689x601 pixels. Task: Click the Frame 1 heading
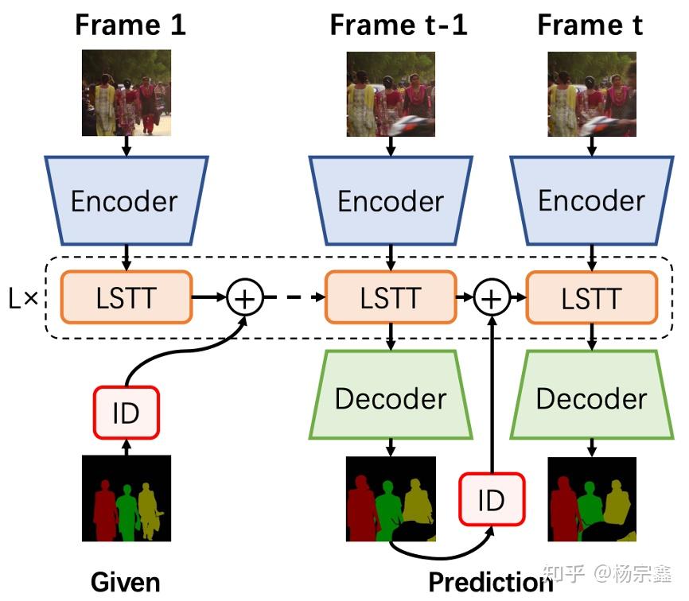[130, 25]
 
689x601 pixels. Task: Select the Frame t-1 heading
[399, 25]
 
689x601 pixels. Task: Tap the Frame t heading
[590, 25]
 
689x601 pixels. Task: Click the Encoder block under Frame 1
[126, 200]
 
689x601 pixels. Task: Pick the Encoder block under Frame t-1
[391, 200]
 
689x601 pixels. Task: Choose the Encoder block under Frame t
[591, 200]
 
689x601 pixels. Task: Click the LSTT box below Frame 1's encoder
[126, 298]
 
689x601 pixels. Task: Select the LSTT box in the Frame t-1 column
[391, 298]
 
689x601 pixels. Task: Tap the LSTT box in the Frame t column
[591, 298]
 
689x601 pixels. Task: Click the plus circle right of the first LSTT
[245, 298]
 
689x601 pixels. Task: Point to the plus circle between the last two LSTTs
[492, 298]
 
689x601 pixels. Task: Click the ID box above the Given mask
[126, 413]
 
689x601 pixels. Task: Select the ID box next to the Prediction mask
[492, 499]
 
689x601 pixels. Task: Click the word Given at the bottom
[125, 582]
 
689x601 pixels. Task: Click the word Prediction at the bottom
[490, 582]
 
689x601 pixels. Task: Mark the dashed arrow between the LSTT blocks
[294, 298]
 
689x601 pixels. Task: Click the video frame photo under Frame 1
[127, 93]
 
